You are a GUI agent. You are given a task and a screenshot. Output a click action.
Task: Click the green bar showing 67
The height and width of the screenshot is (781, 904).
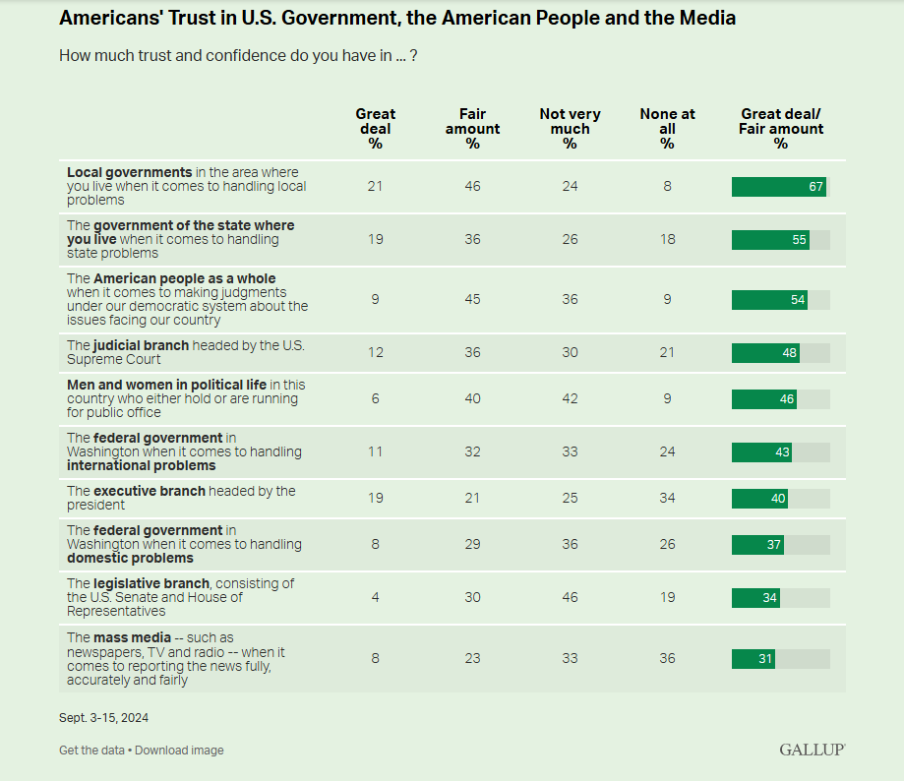coord(778,187)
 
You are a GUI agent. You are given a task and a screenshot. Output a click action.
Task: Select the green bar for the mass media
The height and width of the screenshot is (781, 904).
coord(753,659)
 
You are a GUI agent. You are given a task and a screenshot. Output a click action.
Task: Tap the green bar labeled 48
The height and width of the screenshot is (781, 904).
coord(765,353)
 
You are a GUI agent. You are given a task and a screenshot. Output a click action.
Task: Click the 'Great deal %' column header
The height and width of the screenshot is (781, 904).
coord(375,129)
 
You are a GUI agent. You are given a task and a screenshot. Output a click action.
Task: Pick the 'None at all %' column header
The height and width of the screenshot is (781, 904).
coord(667,129)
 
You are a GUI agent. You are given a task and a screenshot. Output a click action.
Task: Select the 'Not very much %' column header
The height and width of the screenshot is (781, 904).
coord(570,129)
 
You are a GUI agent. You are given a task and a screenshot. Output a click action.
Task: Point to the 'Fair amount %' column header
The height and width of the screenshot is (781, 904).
coord(472,129)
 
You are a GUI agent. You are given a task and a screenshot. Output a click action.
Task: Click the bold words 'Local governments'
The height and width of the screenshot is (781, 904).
coord(129,172)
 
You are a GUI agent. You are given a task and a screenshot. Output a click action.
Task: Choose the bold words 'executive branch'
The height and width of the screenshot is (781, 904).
coord(149,491)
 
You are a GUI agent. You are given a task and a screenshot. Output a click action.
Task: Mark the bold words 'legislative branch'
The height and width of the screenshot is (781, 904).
coord(151,583)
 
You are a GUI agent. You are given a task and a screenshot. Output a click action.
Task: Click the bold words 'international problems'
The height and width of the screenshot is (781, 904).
coord(127,465)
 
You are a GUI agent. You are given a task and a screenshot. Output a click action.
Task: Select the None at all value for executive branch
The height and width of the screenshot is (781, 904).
coord(667,498)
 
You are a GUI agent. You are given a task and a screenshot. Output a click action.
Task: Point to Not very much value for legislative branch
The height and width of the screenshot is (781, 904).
coord(570,597)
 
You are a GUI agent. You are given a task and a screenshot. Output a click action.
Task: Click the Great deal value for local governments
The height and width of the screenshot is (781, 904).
coord(375,186)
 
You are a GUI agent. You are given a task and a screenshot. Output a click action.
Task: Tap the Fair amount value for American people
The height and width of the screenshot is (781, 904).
coord(472,299)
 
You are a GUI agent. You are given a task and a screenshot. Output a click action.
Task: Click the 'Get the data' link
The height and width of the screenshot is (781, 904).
coord(91,751)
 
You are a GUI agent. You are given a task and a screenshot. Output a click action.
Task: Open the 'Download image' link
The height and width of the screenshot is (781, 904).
coord(179,751)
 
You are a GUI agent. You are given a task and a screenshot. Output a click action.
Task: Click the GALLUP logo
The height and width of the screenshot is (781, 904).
coord(812,750)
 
